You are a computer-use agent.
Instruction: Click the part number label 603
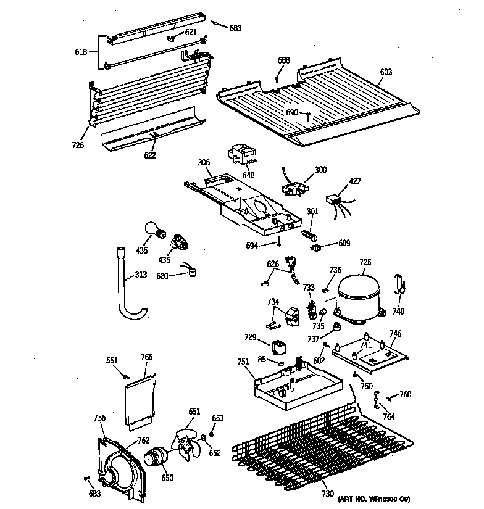(x=385, y=72)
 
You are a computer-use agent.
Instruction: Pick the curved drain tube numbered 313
(x=126, y=284)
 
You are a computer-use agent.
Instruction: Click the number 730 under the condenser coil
(x=327, y=494)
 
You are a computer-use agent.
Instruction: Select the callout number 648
(x=248, y=175)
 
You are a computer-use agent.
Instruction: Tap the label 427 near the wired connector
(x=355, y=181)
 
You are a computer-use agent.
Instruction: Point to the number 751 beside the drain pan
(x=244, y=362)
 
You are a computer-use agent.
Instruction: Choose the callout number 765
(x=146, y=357)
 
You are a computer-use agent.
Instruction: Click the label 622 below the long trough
(x=149, y=155)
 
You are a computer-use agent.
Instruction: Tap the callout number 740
(x=398, y=312)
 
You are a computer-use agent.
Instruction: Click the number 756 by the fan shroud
(x=99, y=418)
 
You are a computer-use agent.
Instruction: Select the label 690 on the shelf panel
(x=292, y=112)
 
